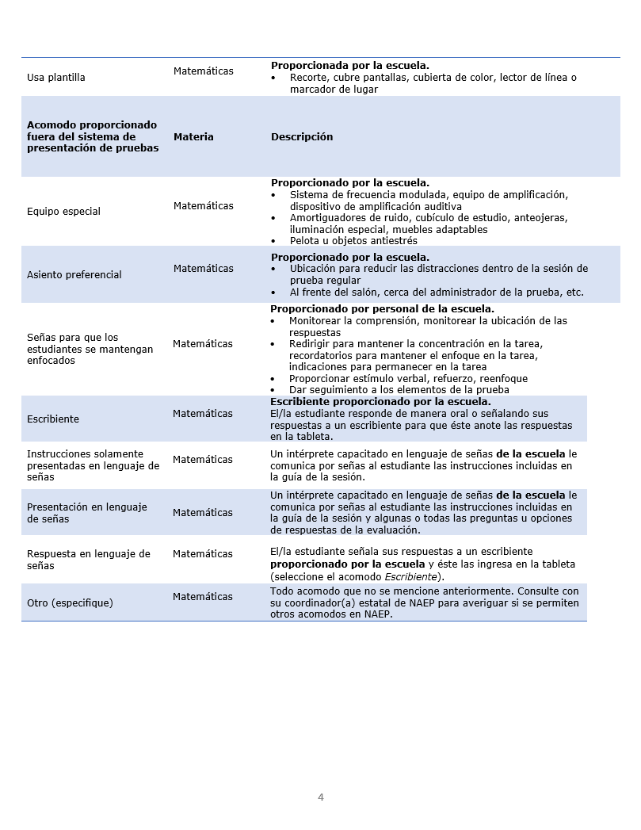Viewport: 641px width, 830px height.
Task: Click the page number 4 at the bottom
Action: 321,797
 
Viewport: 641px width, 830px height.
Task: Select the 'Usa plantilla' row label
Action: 56,78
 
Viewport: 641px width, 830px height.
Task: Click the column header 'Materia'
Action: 193,137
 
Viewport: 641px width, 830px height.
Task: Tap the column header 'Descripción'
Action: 302,137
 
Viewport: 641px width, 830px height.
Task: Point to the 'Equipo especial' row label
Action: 63,212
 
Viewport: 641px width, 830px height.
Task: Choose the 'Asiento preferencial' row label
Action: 74,275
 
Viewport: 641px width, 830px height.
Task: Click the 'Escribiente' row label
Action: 53,419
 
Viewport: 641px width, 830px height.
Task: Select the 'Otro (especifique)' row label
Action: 70,603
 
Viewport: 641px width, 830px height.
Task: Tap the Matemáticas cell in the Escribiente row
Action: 203,414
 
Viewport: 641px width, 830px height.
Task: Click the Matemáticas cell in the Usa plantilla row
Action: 204,71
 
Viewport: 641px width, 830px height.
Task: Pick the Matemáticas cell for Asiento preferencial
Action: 204,269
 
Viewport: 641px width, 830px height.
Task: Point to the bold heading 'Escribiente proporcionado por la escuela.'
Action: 380,402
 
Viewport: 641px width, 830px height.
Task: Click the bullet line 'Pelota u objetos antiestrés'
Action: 353,241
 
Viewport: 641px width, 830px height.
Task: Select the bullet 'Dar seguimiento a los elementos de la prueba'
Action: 399,390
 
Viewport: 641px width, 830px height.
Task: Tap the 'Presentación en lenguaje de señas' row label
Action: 87,513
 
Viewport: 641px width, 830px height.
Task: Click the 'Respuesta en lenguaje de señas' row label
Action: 89,560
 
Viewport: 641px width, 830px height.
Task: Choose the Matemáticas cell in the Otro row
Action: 203,597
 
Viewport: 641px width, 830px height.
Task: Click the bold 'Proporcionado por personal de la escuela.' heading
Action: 382,309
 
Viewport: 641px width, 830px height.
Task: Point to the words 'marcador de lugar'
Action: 334,90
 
